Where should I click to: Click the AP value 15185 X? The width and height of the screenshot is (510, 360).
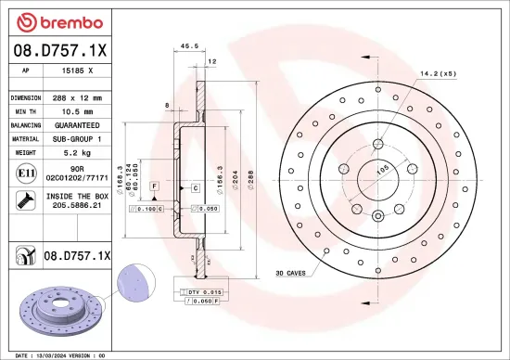pyautogui.click(x=82, y=71)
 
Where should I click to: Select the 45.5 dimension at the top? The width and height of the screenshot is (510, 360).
pyautogui.click(x=190, y=45)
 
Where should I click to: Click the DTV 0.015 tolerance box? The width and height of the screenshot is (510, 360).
pyautogui.click(x=203, y=293)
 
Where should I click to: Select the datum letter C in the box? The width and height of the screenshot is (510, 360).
pyautogui.click(x=196, y=188)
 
